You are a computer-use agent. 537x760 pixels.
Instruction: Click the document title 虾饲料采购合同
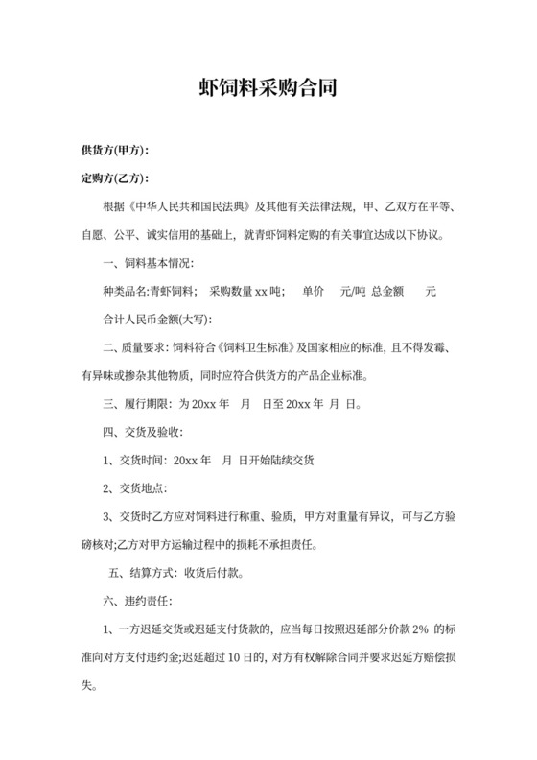[268, 89]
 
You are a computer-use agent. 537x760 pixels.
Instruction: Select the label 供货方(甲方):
[115, 151]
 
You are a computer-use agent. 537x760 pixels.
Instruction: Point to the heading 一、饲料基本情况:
[148, 263]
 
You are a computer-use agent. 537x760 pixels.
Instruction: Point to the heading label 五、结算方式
[139, 574]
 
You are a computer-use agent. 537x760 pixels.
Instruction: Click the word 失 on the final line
[88, 687]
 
